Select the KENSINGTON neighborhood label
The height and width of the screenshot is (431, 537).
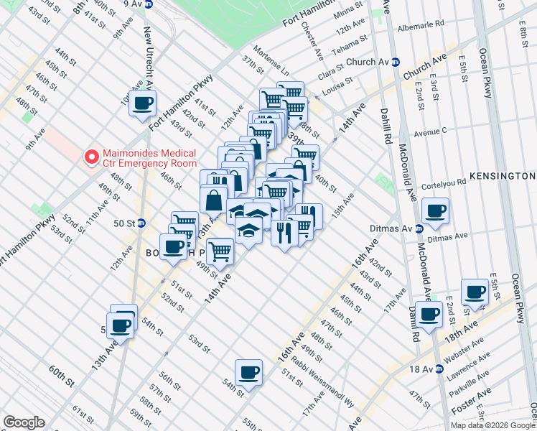502,176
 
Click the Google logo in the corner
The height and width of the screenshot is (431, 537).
24,422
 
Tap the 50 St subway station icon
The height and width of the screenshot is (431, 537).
141,223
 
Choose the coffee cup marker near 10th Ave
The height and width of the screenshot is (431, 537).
143,102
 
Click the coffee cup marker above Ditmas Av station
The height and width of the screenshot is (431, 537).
435,210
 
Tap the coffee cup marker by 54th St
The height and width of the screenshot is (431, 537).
248,371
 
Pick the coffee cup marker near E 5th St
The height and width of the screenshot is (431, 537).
475,291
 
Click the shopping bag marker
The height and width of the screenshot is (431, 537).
214,199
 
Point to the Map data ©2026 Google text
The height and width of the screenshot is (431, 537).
492,425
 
